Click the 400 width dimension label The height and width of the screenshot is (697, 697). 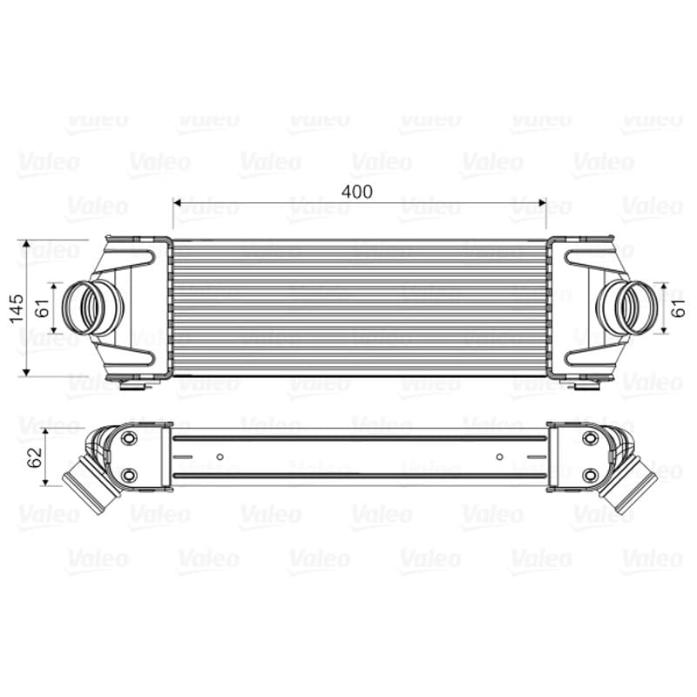356,192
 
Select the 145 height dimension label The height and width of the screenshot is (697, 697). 17,308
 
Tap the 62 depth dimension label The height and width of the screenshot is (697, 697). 35,457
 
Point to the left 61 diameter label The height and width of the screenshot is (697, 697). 44,308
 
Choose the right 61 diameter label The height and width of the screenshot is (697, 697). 679,308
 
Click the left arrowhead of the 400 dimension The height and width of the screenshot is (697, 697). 177,203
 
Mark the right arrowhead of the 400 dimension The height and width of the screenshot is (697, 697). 542,203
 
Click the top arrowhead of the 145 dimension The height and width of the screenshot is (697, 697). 27,244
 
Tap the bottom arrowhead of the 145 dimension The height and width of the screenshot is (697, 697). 27,372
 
